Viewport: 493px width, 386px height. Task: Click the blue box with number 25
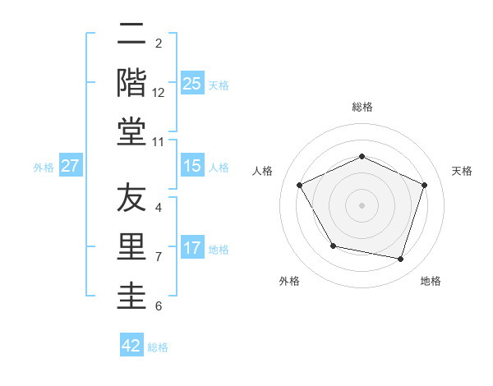(x=192, y=83)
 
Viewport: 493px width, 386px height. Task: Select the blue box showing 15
(x=192, y=166)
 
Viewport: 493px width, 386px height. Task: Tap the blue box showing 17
(x=192, y=248)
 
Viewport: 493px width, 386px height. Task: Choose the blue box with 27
(x=71, y=166)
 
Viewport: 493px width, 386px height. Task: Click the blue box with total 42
(x=131, y=346)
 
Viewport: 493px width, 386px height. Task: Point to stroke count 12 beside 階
(x=159, y=92)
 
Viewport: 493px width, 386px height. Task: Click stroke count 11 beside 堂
(x=159, y=141)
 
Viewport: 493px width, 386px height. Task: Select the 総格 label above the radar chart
(x=362, y=107)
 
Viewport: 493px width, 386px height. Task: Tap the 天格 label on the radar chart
(x=462, y=171)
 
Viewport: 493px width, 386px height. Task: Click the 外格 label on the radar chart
(x=289, y=281)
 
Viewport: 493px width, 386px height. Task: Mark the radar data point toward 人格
(x=300, y=185)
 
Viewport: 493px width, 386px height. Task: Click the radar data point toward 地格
(x=400, y=259)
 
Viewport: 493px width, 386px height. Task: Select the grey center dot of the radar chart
(x=362, y=204)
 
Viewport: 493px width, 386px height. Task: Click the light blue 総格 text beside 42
(x=158, y=347)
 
